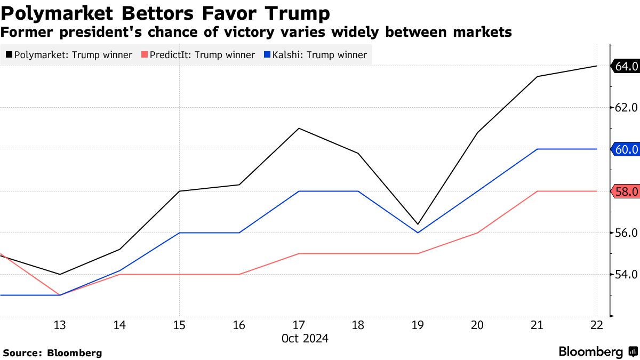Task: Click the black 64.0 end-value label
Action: [x=626, y=66]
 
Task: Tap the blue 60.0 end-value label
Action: [x=626, y=149]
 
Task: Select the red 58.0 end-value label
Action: [x=626, y=191]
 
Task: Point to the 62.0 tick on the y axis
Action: [x=626, y=108]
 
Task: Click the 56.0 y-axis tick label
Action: [x=626, y=233]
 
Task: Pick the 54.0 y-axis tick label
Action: [x=626, y=275]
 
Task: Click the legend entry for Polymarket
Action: [x=69, y=55]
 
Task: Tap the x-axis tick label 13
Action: [x=60, y=325]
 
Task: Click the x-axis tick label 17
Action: [x=299, y=325]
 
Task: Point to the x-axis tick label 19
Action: [x=418, y=325]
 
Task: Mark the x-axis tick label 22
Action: [x=596, y=325]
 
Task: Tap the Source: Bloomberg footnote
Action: [x=52, y=353]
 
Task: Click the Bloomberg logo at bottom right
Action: [x=597, y=352]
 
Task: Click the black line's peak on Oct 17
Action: [x=299, y=129]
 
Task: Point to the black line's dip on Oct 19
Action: [x=418, y=224]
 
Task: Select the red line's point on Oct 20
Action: [x=477, y=233]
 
